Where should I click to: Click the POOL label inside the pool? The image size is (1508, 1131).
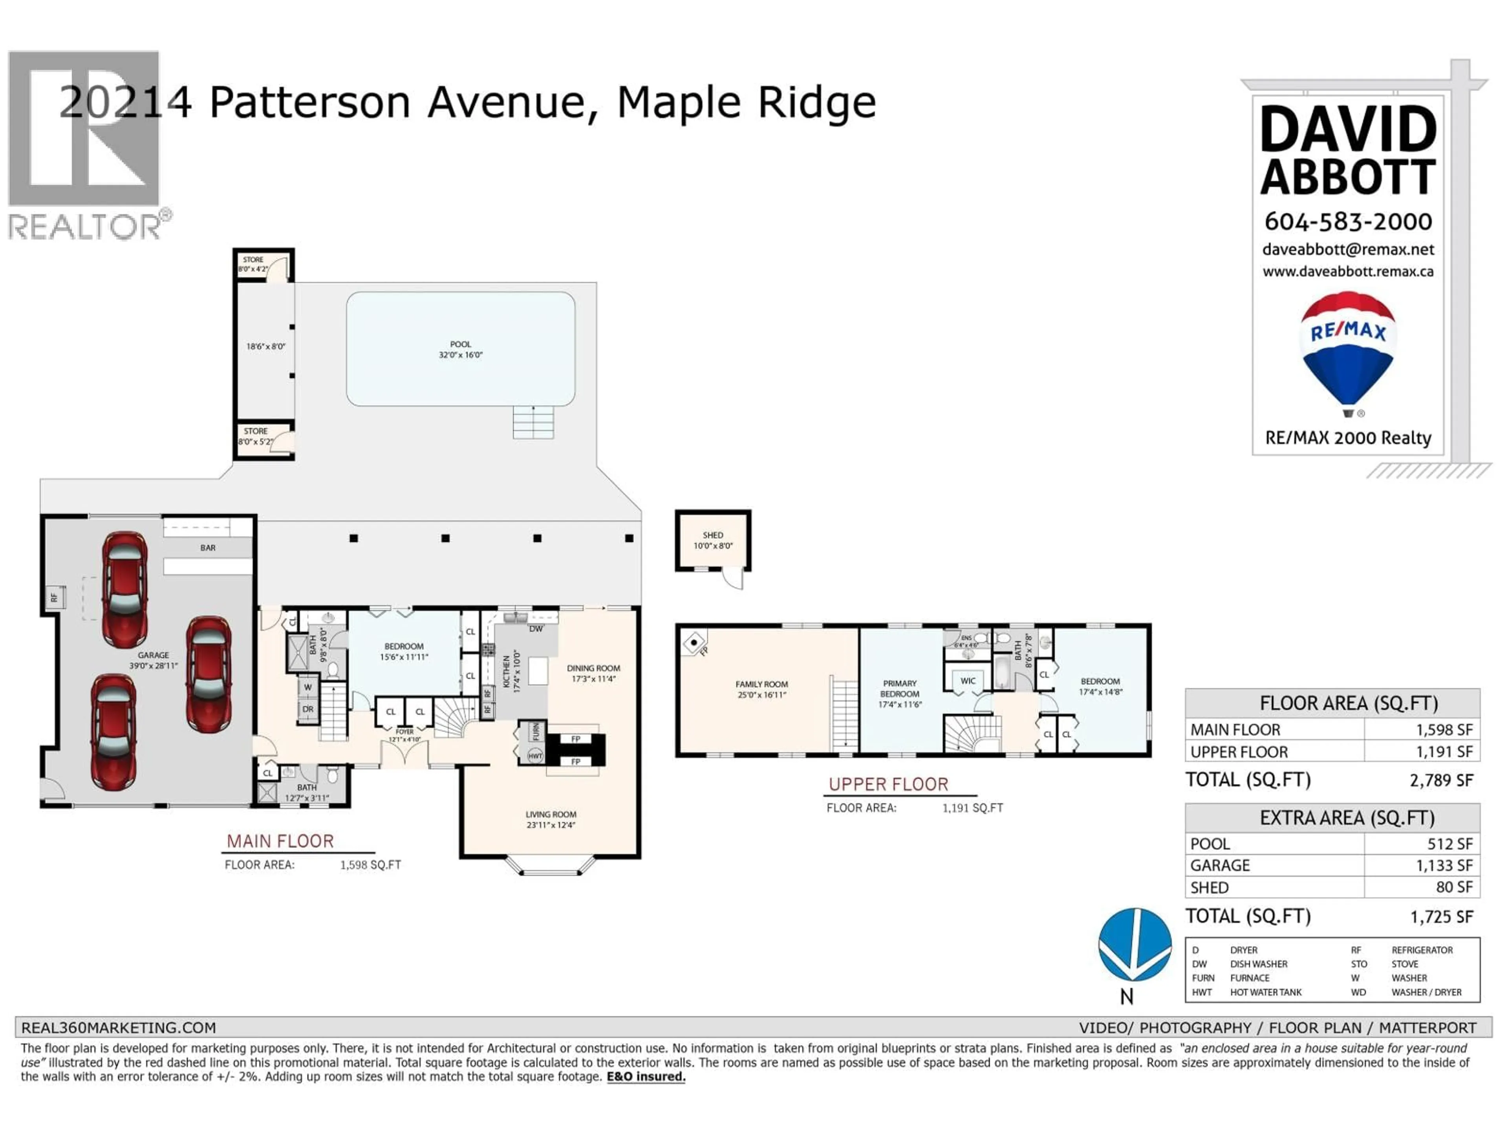460,344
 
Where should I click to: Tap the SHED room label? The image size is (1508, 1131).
712,535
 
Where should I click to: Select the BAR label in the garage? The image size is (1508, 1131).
208,547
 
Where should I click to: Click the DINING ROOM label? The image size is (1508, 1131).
593,668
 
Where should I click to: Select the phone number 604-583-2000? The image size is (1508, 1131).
1348,221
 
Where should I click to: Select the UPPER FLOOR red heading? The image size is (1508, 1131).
888,785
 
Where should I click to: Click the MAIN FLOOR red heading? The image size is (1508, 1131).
280,841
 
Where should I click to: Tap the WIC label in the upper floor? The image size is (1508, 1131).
968,681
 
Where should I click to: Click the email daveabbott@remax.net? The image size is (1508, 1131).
1348,249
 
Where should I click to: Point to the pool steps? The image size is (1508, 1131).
533,423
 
